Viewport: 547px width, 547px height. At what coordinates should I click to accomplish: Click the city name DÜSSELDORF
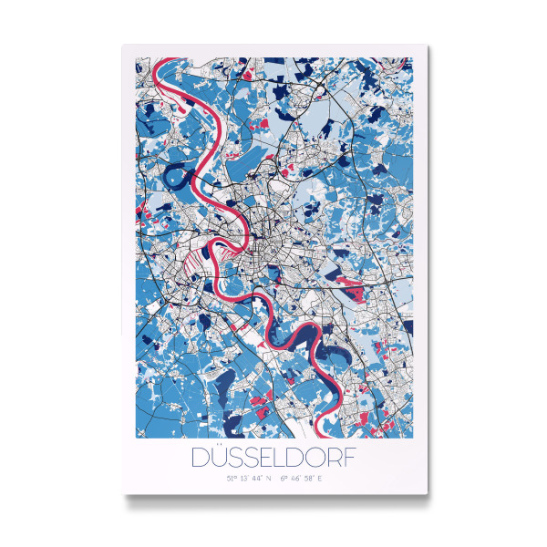tap(273, 456)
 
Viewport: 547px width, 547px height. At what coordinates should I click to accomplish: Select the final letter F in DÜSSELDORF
tap(350, 456)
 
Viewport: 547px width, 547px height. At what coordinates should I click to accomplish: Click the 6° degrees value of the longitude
tap(284, 477)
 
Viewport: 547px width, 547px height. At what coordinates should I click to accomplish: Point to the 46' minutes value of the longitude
tap(294, 477)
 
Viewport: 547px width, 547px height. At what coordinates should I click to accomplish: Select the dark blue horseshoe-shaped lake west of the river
tap(181, 169)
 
